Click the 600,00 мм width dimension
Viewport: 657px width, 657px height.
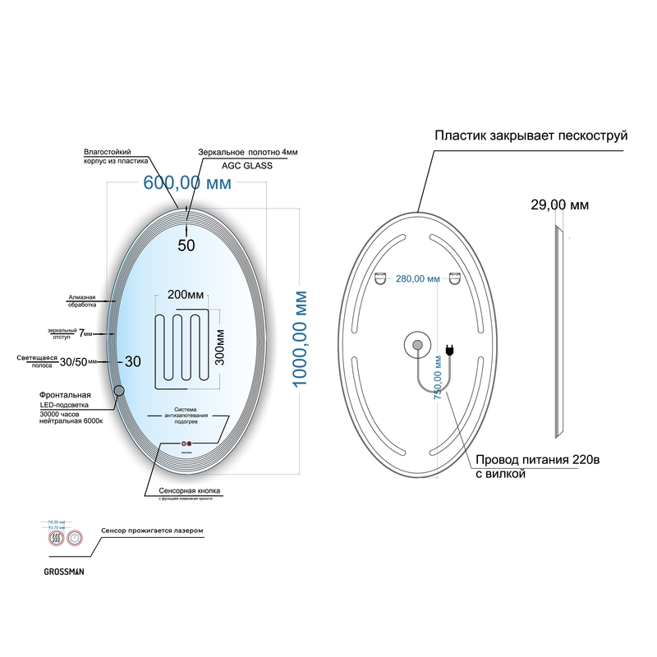coord(187,183)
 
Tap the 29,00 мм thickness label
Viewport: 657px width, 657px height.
coord(558,204)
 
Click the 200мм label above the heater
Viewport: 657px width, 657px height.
coord(186,294)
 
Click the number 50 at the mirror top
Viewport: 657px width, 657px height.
coord(186,244)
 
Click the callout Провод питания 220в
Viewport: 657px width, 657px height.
coord(537,460)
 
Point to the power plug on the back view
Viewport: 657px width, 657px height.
coord(450,351)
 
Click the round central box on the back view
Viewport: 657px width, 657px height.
coord(416,344)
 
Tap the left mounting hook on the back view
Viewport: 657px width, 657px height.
coord(382,278)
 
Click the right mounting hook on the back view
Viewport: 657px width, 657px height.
coord(453,278)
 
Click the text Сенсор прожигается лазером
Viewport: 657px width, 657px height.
coord(151,531)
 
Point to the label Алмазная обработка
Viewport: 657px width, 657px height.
coord(82,301)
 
